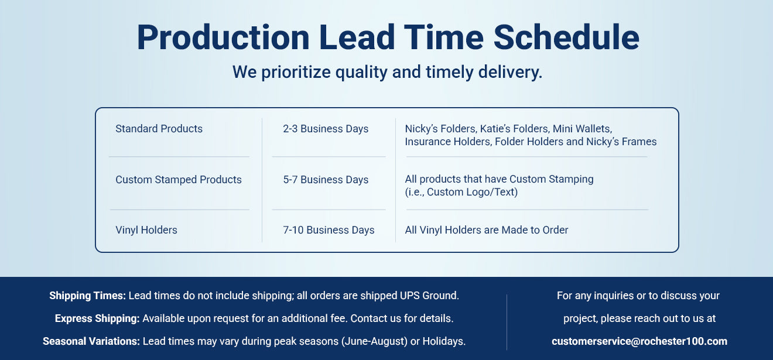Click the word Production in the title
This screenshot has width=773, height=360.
pyautogui.click(x=223, y=37)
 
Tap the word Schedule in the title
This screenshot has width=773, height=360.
pyautogui.click(x=566, y=37)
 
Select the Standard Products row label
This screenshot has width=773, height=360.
pyautogui.click(x=159, y=129)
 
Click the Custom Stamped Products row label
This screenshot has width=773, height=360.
pyautogui.click(x=179, y=180)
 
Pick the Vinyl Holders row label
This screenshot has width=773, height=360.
pyautogui.click(x=146, y=230)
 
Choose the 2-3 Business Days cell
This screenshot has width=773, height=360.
pyautogui.click(x=326, y=129)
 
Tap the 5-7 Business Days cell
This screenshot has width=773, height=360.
pyautogui.click(x=326, y=180)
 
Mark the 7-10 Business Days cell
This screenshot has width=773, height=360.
pyautogui.click(x=329, y=230)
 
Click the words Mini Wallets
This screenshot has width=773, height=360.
pyautogui.click(x=582, y=129)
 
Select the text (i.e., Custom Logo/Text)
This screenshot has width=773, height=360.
pyautogui.click(x=461, y=192)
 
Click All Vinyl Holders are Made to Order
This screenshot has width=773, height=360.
pyautogui.click(x=487, y=230)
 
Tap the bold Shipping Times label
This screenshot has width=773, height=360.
pyautogui.click(x=88, y=296)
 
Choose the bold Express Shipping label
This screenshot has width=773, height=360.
pyautogui.click(x=97, y=318)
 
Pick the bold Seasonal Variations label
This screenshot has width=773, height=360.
pyautogui.click(x=91, y=341)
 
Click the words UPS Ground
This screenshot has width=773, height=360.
pyautogui.click(x=429, y=296)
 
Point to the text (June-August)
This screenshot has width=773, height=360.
pyautogui.click(x=374, y=341)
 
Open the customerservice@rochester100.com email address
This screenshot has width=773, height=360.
pyautogui.click(x=639, y=341)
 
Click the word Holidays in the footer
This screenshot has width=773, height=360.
pyautogui.click(x=444, y=341)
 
